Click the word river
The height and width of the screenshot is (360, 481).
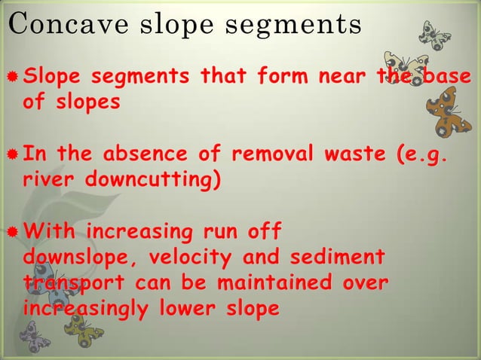[x=47, y=182]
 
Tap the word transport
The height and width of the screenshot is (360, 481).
[x=66, y=285]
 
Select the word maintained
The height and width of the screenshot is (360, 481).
[x=265, y=283]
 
